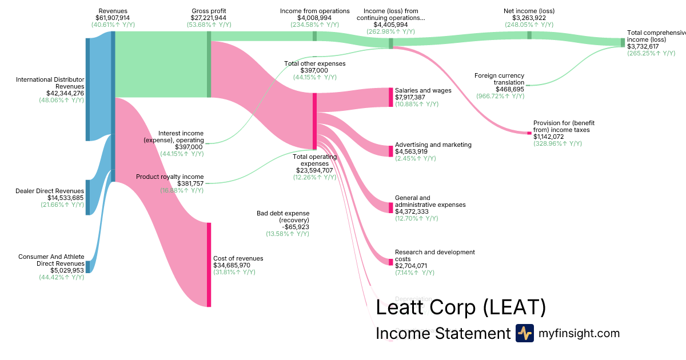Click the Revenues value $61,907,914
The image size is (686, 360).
pyautogui.click(x=113, y=18)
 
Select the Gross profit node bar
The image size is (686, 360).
pyautogui.click(x=209, y=64)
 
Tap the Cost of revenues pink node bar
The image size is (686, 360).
pyautogui.click(x=209, y=265)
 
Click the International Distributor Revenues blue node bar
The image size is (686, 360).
pyautogui.click(x=87, y=89)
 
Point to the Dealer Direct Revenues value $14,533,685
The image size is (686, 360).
pyautogui.click(x=50, y=198)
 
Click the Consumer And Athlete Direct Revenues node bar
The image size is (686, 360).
pyautogui.click(x=87, y=267)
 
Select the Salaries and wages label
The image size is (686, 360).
pyautogui.click(x=423, y=90)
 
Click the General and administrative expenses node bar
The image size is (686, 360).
pyautogui.click(x=391, y=208)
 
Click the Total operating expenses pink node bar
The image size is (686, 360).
pyautogui.click(x=314, y=121)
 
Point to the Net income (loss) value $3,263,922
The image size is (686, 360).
pyautogui.click(x=529, y=18)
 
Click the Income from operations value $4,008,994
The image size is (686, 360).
pyautogui.click(x=314, y=18)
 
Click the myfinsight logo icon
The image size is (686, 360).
pyautogui.click(x=525, y=333)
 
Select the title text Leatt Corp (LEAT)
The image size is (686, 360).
pyautogui.click(x=461, y=308)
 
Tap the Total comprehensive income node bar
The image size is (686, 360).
pyautogui.click(x=623, y=42)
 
